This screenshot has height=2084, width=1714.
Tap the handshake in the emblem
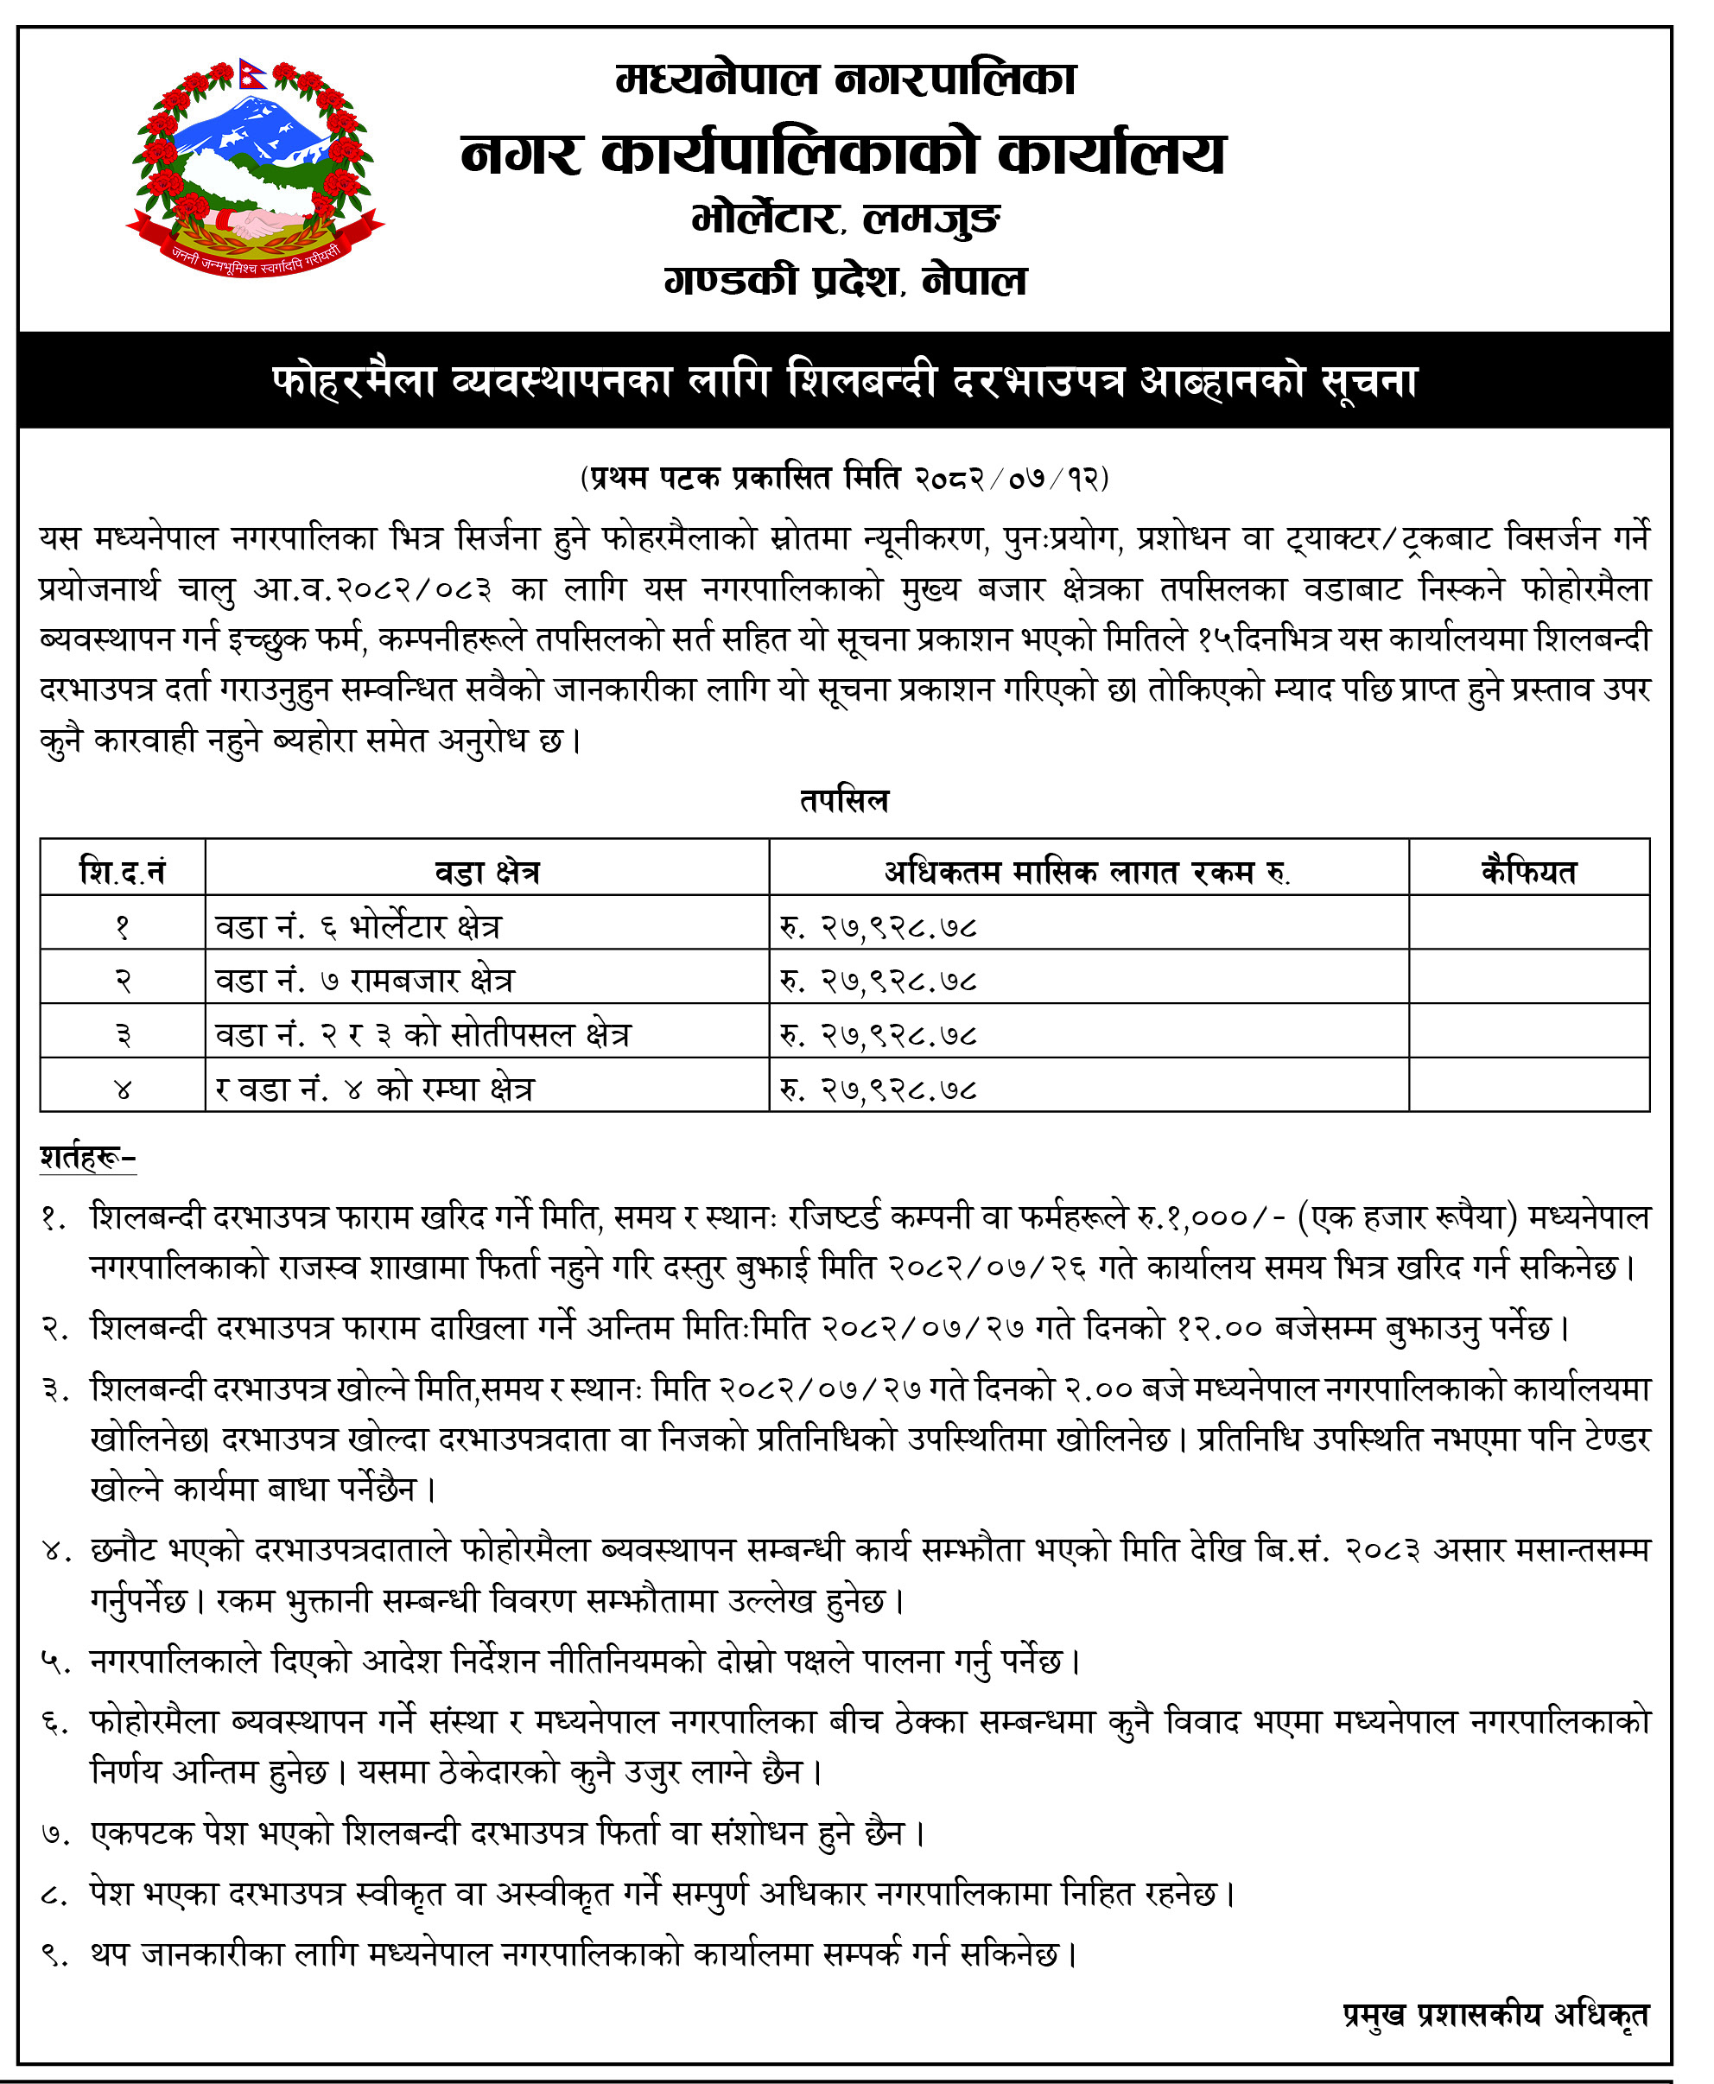[x=256, y=221]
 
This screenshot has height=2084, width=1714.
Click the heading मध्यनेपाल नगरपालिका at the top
[x=845, y=79]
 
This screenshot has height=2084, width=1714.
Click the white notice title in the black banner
[x=845, y=381]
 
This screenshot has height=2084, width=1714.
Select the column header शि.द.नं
[x=123, y=872]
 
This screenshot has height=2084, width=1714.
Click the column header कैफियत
[x=1528, y=872]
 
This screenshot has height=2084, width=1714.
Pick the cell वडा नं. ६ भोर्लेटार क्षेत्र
[x=359, y=926]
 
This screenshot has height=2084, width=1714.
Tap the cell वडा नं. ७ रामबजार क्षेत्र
[x=365, y=981]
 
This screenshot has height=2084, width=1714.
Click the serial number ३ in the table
[x=123, y=1034]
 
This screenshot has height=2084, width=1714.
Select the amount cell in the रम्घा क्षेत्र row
[x=879, y=1089]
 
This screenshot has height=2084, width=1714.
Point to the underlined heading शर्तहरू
[x=87, y=1156]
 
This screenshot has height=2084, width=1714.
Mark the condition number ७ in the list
[x=55, y=1834]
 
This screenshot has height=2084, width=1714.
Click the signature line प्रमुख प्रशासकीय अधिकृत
[x=1495, y=2014]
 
